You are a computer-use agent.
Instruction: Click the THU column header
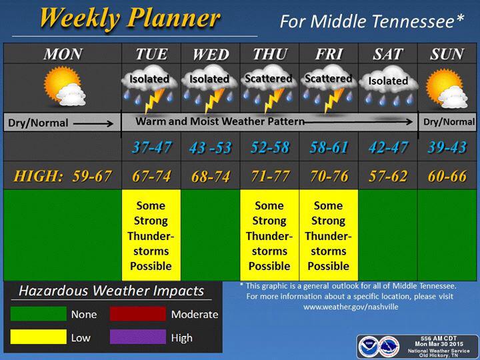tap(270, 54)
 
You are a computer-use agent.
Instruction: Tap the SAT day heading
tap(387, 54)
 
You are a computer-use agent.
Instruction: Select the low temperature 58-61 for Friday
tap(329, 147)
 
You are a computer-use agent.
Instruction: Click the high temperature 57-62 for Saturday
tap(388, 176)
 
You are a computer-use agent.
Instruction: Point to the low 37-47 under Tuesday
tap(152, 147)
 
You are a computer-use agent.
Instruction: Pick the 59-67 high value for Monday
tap(92, 176)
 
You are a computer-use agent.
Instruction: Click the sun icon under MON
tap(61, 83)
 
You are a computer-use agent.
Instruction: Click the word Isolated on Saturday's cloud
tap(388, 81)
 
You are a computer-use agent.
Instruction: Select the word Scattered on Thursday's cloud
tap(269, 79)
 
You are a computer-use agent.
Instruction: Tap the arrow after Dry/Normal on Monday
tap(93, 123)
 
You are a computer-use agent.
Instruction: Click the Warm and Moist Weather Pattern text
tap(220, 121)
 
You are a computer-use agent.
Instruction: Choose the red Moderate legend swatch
tap(138, 313)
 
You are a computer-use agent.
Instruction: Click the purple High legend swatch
tap(138, 337)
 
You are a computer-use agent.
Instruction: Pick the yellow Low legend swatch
tap(38, 337)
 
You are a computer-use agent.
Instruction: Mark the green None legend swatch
tap(38, 313)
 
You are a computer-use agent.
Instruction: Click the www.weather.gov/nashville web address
tap(351, 307)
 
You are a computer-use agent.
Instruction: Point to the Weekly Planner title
tap(130, 19)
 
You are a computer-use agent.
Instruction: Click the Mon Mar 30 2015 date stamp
tap(439, 344)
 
